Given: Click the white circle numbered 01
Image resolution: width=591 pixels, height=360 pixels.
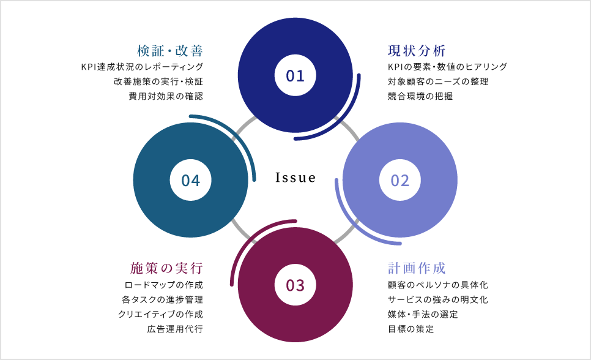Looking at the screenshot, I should (295, 75).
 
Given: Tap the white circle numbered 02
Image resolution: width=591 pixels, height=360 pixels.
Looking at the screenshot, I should (400, 180).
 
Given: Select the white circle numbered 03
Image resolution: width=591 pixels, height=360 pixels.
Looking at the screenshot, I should (295, 285).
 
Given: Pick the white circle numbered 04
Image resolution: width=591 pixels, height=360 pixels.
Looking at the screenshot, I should (190, 180).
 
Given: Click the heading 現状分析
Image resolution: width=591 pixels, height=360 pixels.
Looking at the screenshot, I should (417, 50).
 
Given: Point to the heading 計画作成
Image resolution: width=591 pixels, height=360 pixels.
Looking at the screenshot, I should (417, 268).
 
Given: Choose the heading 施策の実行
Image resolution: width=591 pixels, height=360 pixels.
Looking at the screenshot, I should (166, 268).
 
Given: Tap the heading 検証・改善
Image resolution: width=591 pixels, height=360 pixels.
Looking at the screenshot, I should (170, 50).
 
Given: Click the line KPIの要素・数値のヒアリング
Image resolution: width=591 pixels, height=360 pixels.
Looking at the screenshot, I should (447, 67).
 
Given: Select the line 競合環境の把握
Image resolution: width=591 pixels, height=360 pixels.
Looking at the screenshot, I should (420, 96).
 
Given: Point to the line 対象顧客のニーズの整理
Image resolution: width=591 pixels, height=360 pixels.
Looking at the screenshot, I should (438, 81).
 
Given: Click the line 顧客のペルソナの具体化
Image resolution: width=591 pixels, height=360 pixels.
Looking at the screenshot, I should (438, 285).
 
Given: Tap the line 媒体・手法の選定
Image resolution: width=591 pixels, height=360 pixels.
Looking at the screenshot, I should (423, 314).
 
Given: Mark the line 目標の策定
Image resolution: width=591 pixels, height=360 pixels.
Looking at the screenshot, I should (411, 329).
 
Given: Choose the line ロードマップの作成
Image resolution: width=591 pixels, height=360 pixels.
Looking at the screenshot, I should (163, 285).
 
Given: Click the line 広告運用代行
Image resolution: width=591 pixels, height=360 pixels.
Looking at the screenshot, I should (175, 329).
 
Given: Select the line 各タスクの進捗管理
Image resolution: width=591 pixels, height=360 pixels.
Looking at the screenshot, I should (162, 299).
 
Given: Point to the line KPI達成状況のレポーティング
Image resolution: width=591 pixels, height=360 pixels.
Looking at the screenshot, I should (142, 67).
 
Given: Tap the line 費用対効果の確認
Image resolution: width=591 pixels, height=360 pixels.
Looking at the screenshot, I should (165, 96).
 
